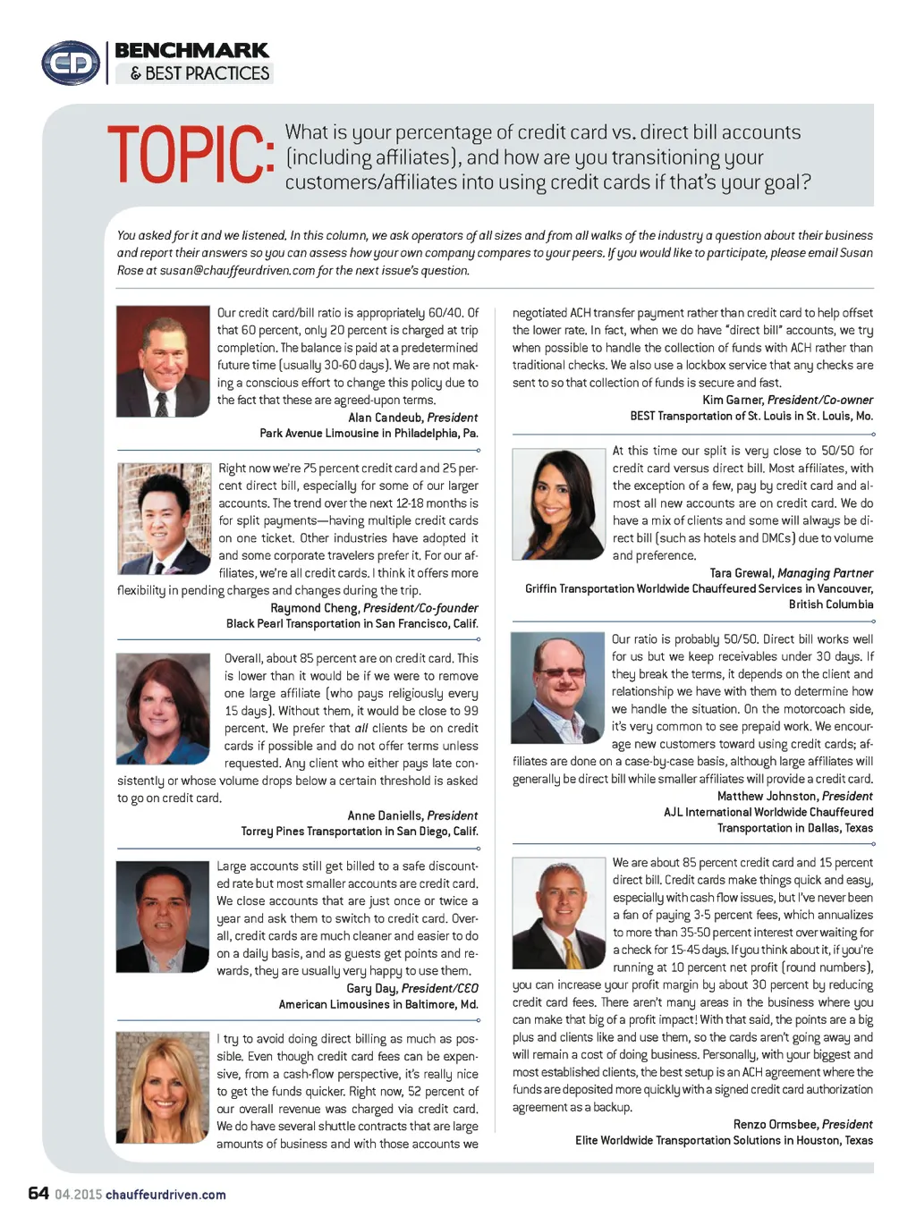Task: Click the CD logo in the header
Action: (x=70, y=63)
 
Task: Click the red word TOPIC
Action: (x=190, y=156)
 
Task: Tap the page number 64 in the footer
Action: (x=38, y=1193)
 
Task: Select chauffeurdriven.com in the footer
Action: (x=165, y=1195)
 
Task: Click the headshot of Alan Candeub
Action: (x=163, y=361)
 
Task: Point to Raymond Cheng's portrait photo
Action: (x=164, y=519)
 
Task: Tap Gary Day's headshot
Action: (x=162, y=916)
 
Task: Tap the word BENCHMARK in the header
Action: (x=191, y=50)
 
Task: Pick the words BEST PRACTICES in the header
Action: (x=207, y=73)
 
